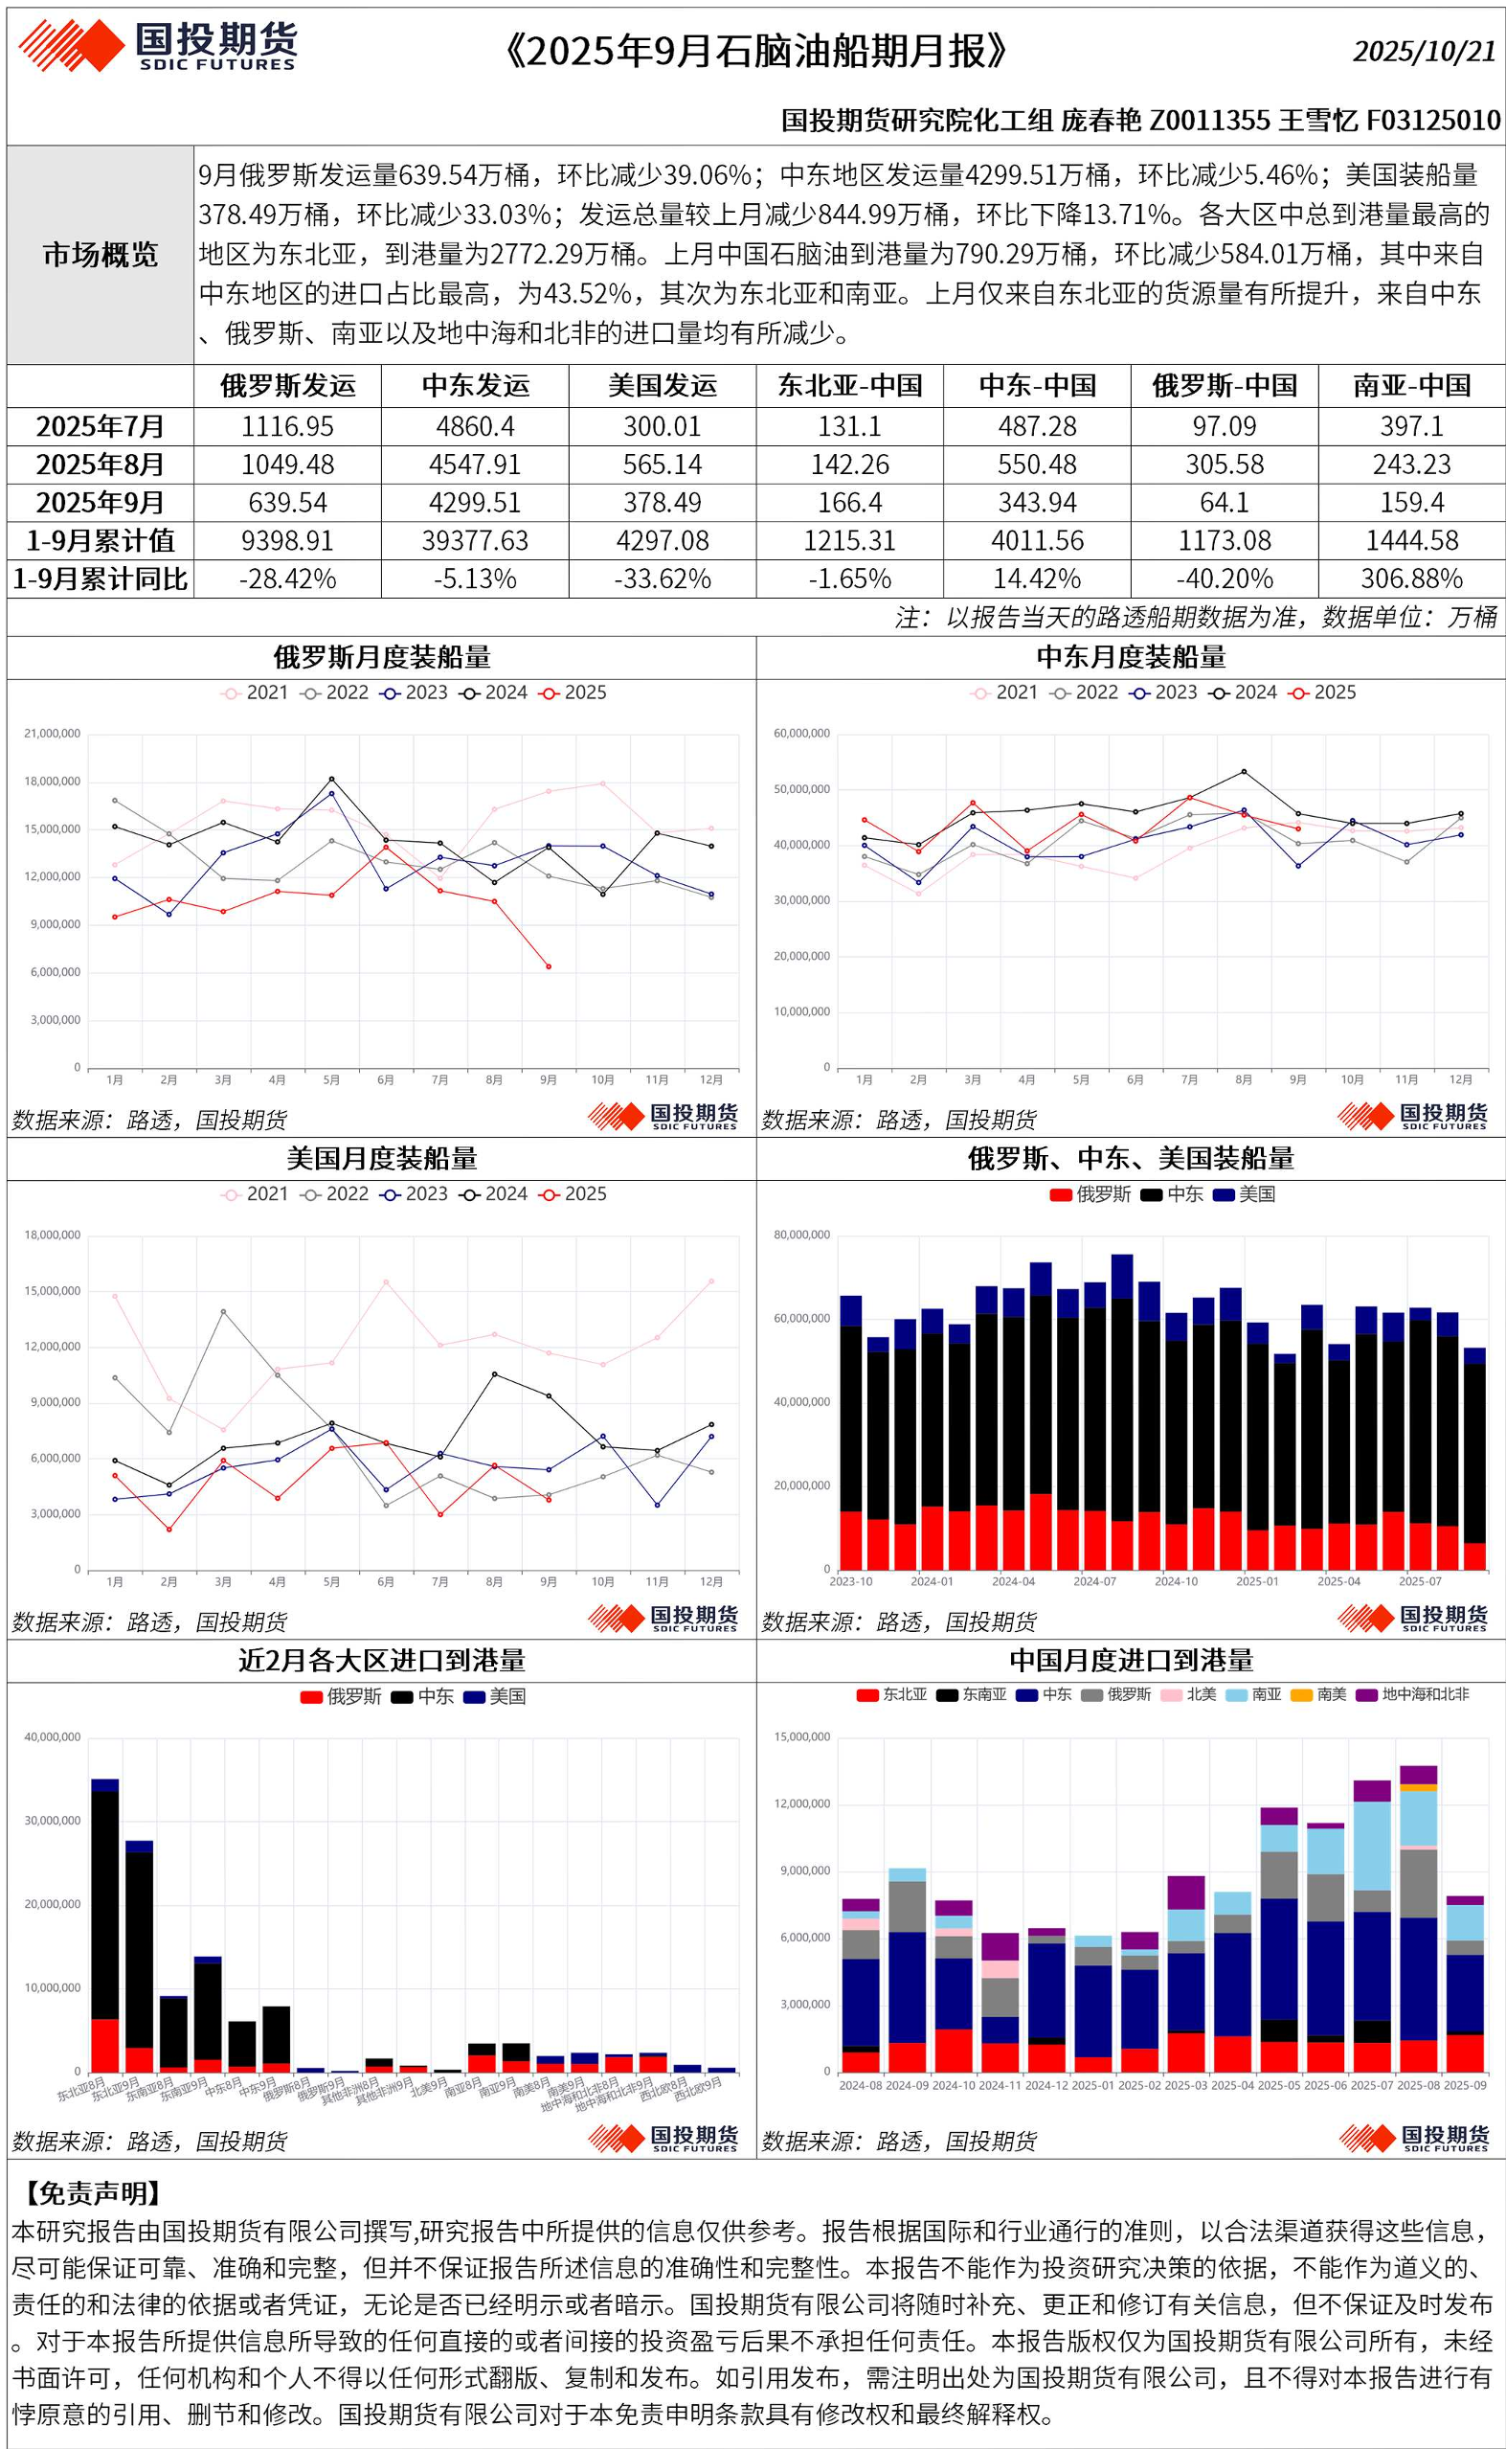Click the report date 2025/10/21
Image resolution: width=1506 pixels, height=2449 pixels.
click(1424, 52)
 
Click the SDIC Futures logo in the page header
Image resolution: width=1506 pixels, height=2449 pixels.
click(157, 47)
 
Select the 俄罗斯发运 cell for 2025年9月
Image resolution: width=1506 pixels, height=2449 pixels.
click(288, 502)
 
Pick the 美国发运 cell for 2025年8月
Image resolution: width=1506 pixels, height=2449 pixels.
click(663, 465)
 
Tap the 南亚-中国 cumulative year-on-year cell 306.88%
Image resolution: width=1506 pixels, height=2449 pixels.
click(1411, 578)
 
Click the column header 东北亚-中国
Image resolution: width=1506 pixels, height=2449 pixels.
click(849, 387)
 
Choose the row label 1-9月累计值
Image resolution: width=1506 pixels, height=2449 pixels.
click(101, 541)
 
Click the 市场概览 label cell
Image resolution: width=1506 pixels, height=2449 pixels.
click(101, 255)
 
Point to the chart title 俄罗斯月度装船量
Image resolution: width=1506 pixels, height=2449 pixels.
click(381, 658)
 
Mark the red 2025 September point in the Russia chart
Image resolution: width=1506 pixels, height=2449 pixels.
click(549, 966)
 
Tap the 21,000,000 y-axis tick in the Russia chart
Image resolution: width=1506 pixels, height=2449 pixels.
click(52, 735)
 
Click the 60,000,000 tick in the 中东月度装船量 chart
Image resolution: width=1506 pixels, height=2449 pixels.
click(800, 735)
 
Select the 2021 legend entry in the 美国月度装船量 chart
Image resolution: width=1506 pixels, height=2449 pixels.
click(256, 1194)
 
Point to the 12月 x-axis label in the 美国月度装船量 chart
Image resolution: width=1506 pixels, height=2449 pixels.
click(711, 1582)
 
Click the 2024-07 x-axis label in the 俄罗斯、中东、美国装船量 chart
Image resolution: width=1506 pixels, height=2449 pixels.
click(1094, 1582)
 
